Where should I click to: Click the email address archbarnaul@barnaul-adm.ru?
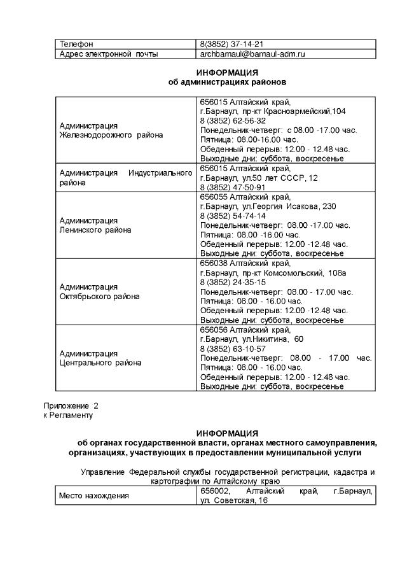[x=252, y=54]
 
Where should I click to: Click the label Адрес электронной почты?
[x=109, y=54]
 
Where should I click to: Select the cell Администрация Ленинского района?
[x=95, y=225]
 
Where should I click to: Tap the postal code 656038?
[x=214, y=263]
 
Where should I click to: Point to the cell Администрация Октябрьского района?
[x=99, y=292]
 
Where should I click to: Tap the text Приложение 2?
[x=71, y=405]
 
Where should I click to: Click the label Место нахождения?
[x=93, y=496]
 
